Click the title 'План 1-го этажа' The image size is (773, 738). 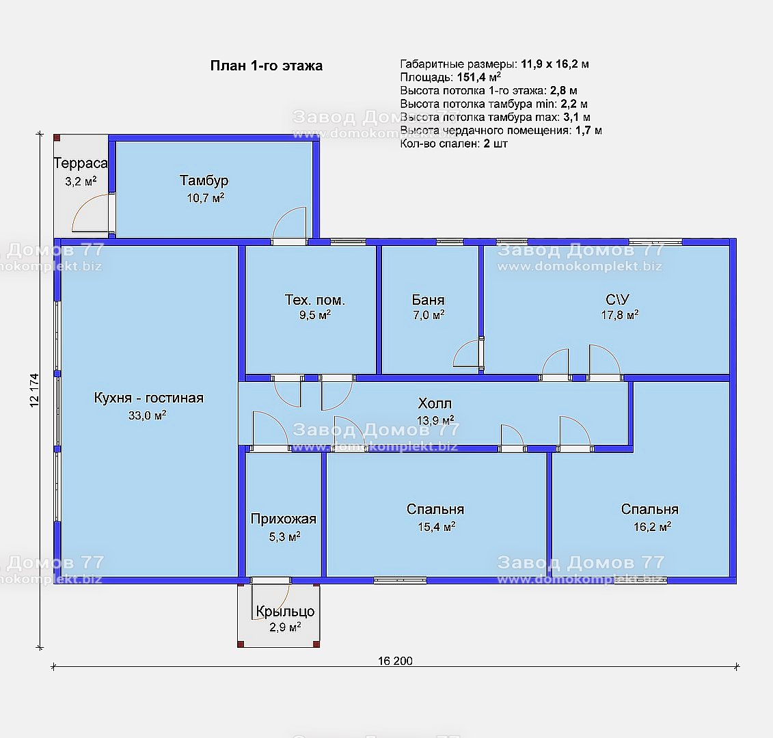(267, 66)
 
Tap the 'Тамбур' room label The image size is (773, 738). (204, 180)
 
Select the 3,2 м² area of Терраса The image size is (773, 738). (81, 181)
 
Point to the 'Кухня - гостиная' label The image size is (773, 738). (148, 398)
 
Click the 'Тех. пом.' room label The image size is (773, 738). (315, 300)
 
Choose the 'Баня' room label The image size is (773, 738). (428, 300)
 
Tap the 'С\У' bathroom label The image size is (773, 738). (617, 299)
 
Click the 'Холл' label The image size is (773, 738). (435, 404)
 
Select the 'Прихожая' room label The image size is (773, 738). (284, 519)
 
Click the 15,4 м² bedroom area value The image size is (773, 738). (436, 527)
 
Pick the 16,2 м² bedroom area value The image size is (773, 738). (652, 527)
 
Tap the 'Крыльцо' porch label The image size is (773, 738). (285, 612)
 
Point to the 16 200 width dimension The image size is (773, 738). (395, 661)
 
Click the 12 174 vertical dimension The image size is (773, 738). (34, 390)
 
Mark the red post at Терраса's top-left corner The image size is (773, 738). (57, 138)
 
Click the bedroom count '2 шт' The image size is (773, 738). (496, 143)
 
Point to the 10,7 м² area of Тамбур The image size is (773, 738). (206, 197)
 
